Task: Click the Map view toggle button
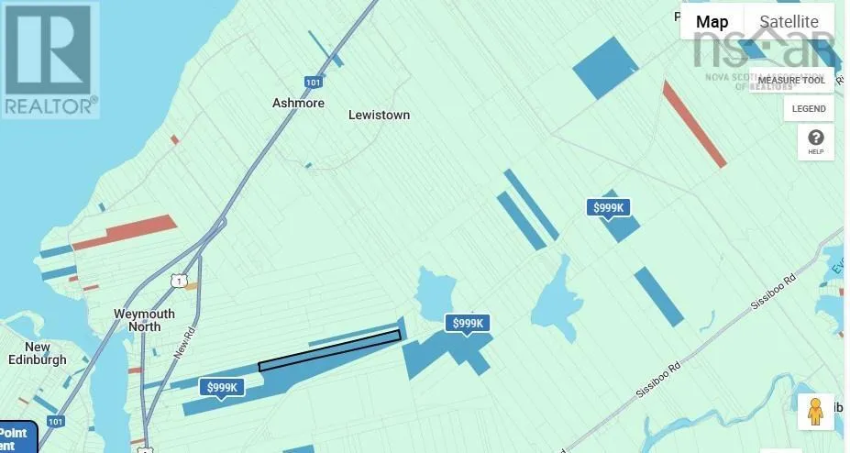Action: click(x=712, y=22)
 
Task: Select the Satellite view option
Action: click(x=789, y=22)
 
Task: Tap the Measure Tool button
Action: click(x=803, y=80)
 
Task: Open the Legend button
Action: click(x=809, y=108)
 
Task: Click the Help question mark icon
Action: click(x=815, y=142)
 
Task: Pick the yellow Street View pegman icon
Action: click(x=815, y=412)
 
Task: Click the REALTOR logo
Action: click(x=50, y=60)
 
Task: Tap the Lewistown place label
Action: click(x=379, y=116)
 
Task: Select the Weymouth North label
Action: click(x=143, y=321)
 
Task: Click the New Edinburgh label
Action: click(x=38, y=353)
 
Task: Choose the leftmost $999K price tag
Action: click(x=223, y=388)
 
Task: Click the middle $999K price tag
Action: click(x=468, y=323)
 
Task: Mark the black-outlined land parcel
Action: click(x=330, y=351)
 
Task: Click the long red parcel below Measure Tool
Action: click(x=694, y=124)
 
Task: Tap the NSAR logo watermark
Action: click(x=764, y=50)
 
